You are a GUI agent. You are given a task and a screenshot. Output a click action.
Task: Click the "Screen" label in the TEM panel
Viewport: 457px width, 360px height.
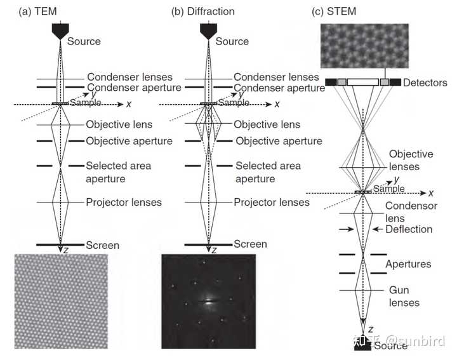[x=103, y=245]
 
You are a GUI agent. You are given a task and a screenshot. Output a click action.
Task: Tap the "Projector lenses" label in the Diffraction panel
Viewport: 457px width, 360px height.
[x=272, y=203]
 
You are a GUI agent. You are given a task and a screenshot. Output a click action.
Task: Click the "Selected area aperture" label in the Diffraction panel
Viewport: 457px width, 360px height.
[x=268, y=171]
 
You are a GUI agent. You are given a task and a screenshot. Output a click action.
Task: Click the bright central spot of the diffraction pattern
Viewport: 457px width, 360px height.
[x=208, y=302]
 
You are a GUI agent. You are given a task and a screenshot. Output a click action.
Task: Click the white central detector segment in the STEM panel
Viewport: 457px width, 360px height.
[x=362, y=83]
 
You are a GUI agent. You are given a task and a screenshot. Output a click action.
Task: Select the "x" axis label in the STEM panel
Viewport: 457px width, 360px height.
[x=431, y=193]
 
